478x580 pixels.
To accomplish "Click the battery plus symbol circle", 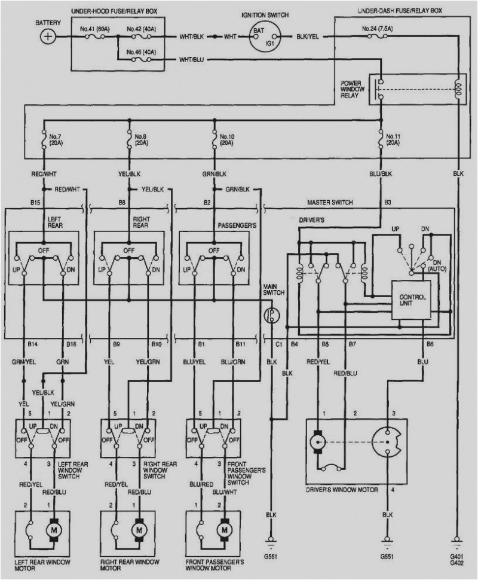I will tap(47, 36).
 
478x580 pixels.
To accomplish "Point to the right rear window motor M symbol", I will tap(140, 530).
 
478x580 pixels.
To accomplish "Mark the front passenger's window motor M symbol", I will tap(225, 530).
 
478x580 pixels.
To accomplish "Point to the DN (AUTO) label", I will tap(437, 266).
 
